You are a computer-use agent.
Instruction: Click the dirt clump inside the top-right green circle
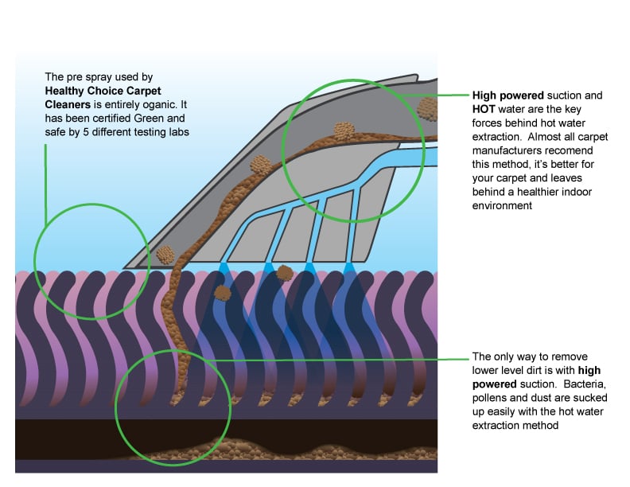pyautogui.click(x=343, y=131)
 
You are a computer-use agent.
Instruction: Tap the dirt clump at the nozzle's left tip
pyautogui.click(x=165, y=254)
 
